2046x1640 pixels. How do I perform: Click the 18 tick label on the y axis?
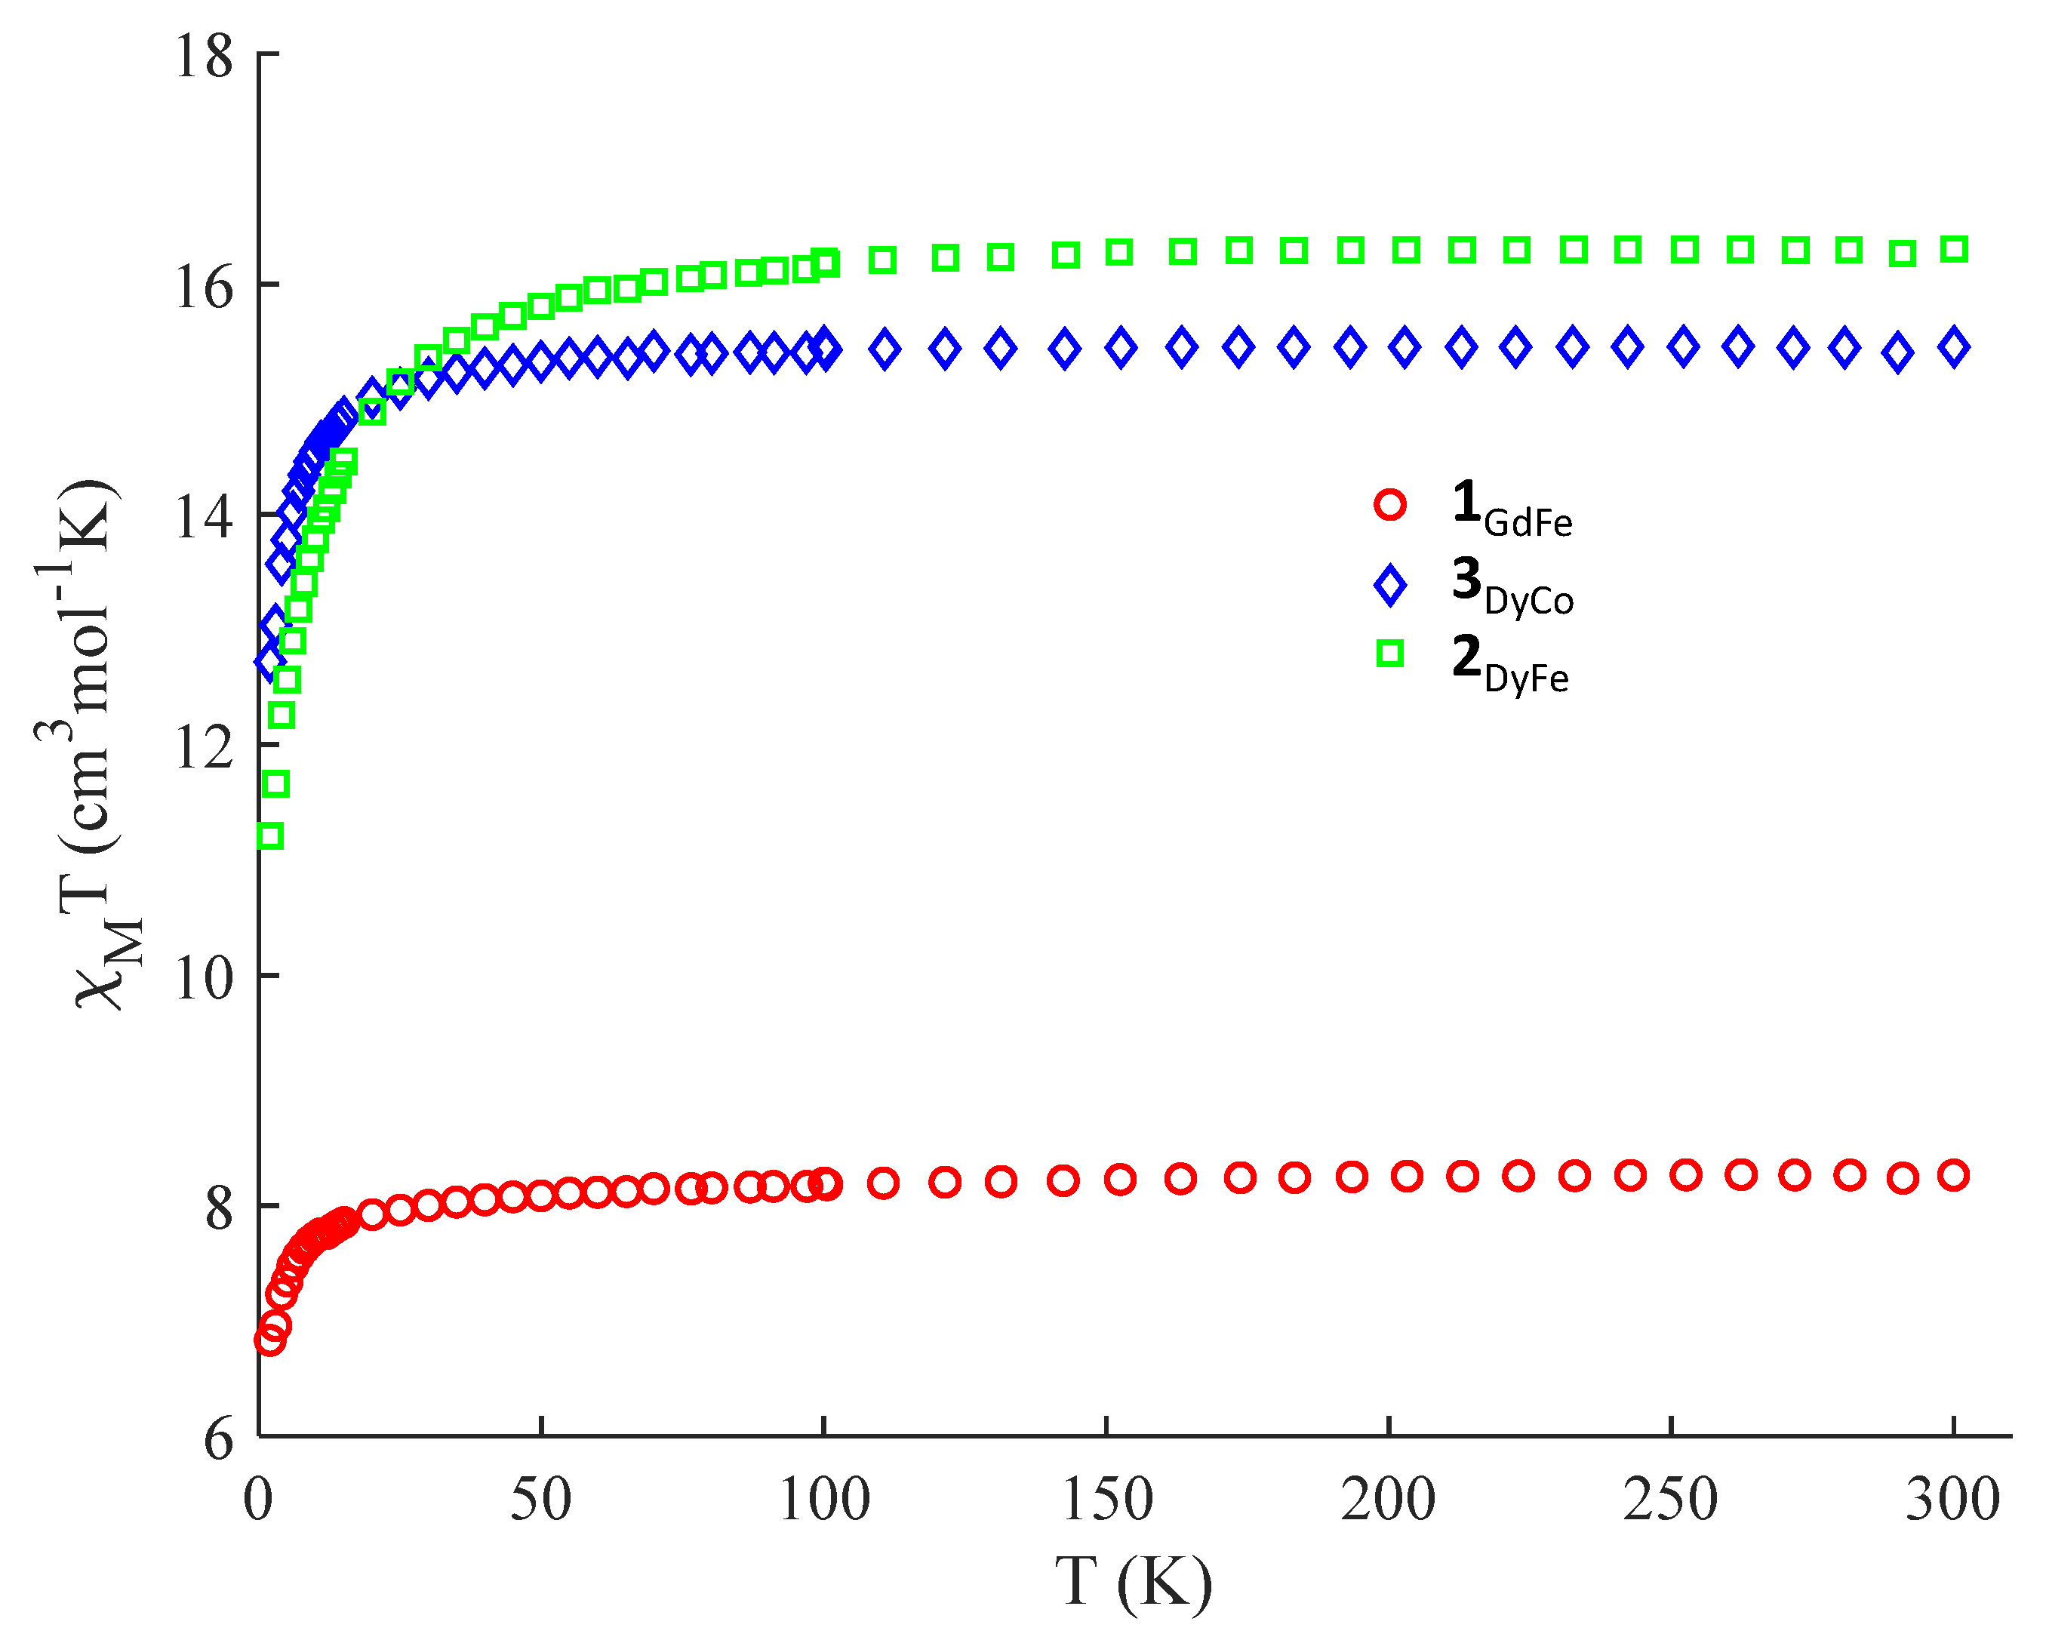point(203,56)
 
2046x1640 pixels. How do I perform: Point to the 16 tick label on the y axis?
point(203,287)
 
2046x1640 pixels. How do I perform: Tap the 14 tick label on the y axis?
point(203,517)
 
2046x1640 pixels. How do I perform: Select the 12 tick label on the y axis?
point(203,748)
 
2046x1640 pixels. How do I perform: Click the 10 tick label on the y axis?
point(203,979)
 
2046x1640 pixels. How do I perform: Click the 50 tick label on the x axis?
point(541,1500)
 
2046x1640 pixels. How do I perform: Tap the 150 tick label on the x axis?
point(1106,1500)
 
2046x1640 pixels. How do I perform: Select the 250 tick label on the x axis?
point(1671,1500)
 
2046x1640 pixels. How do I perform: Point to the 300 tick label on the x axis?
point(1953,1500)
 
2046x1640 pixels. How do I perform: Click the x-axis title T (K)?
point(1134,1582)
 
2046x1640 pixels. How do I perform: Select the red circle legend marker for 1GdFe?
point(1390,504)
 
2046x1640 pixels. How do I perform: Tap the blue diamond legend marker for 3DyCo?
point(1390,586)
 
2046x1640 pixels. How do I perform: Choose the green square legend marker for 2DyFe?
point(1390,653)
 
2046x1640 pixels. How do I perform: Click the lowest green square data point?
point(270,836)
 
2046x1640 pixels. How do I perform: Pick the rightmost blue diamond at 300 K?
point(1954,347)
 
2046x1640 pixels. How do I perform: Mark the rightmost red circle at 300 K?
point(1954,1175)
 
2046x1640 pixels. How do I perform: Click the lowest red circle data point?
point(269,1339)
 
